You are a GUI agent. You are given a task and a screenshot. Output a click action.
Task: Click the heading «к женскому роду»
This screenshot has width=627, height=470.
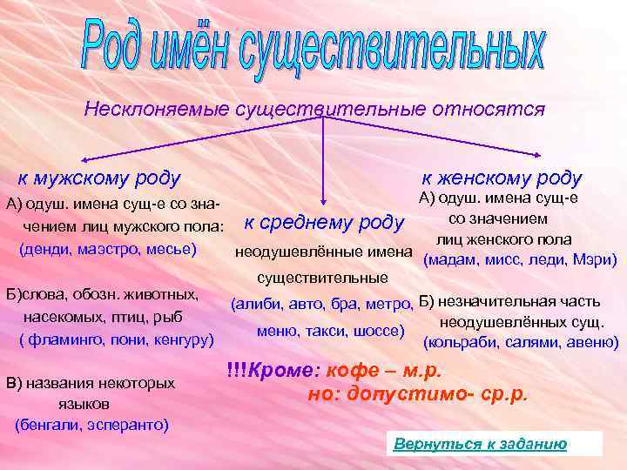tap(502, 178)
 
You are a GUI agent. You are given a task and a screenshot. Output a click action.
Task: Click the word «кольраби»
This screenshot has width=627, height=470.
tap(459, 342)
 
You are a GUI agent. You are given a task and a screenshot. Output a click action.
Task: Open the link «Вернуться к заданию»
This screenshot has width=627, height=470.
tap(480, 444)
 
